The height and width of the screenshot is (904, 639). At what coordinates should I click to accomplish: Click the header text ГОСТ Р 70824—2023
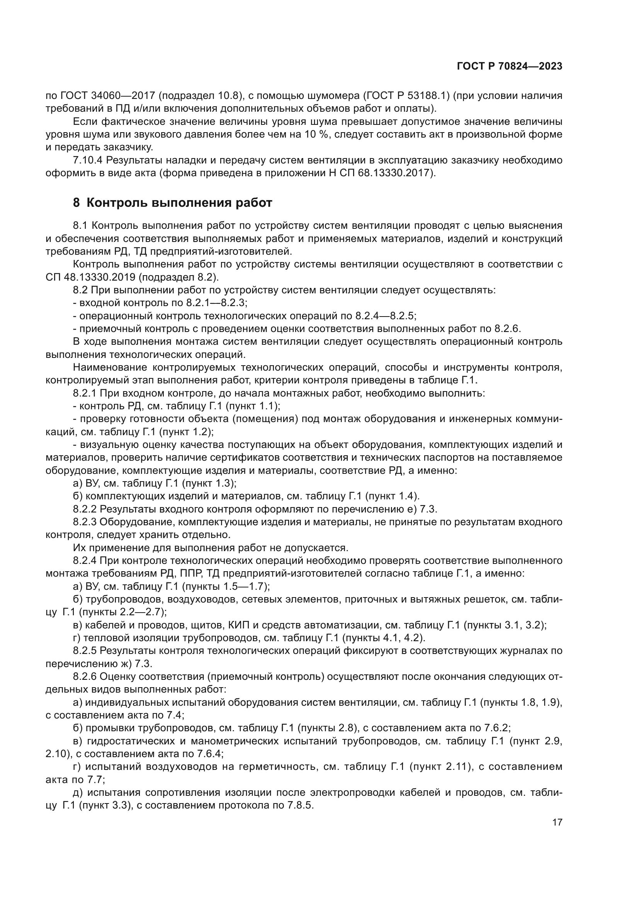[509, 66]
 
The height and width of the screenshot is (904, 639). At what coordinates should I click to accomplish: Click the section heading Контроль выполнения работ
[179, 203]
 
